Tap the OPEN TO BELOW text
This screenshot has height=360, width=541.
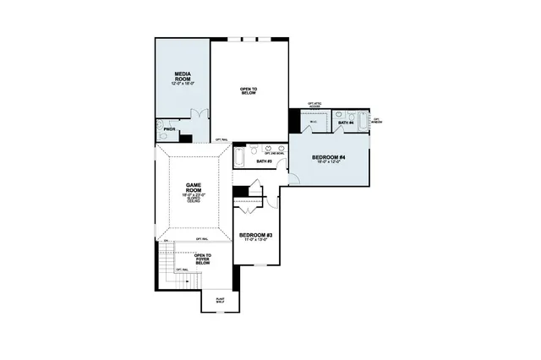[x=249, y=90]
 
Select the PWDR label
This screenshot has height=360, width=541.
[x=169, y=129]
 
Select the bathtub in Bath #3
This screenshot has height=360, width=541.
[x=240, y=157]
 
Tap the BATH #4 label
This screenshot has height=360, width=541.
[x=345, y=123]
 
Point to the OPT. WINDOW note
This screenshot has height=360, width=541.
[x=377, y=121]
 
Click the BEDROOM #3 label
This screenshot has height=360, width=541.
[x=254, y=235]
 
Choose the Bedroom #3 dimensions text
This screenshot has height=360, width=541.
[x=254, y=241]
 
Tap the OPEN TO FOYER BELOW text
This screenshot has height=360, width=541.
[x=203, y=259]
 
